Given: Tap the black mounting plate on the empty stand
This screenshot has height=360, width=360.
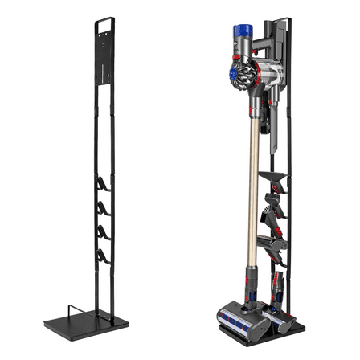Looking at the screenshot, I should point(107,64).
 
